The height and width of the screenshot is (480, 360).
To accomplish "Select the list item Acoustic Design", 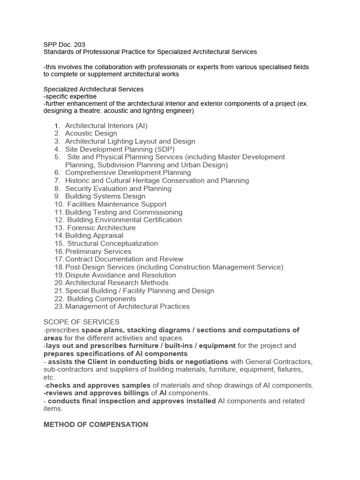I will click(91, 134).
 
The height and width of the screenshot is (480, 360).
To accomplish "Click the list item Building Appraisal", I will click(94, 236).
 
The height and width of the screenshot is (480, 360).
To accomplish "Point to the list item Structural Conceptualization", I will click(112, 244).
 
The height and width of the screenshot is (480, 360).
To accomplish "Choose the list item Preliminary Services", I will click(98, 252).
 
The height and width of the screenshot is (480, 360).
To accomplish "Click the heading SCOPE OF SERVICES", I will click(81, 322).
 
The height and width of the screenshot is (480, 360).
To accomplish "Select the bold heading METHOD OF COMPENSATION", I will click(96, 425).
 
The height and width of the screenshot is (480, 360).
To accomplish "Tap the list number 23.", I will click(59, 307).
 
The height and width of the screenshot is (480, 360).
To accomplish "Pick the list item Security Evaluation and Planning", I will click(118, 188).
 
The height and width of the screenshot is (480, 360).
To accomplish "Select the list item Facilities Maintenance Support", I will click(117, 204).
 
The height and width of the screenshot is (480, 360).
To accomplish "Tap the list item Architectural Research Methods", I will click(117, 283).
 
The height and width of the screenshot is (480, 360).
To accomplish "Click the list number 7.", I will click(57, 180).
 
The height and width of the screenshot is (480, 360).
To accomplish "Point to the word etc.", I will click(49, 377).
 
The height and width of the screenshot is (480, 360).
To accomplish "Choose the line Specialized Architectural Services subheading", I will click(93, 89).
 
